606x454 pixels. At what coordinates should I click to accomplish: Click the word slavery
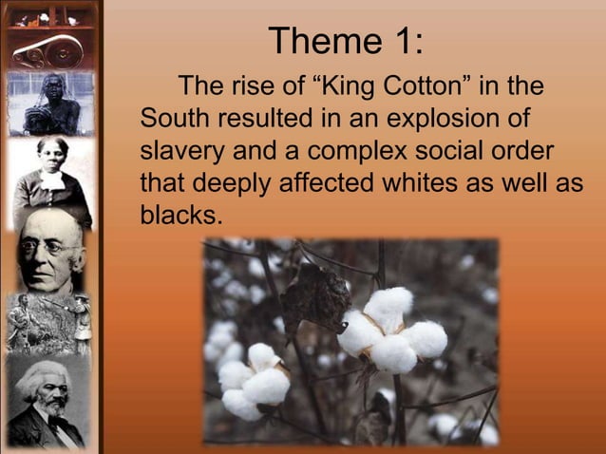point(184,152)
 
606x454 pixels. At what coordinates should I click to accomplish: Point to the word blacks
point(180,215)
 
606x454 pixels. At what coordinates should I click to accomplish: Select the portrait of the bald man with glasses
point(49,251)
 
